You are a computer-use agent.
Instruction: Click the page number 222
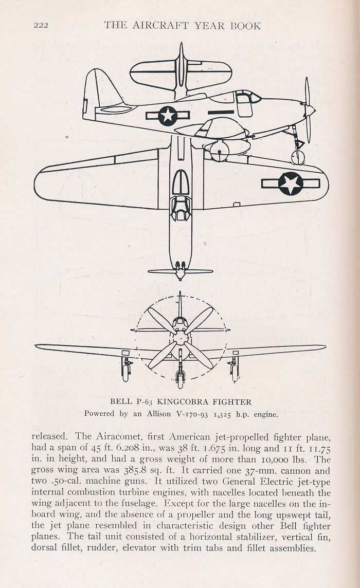click(x=41, y=26)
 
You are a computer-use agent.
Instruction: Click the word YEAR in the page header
click(x=209, y=26)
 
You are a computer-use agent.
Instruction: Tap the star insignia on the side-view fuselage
click(x=168, y=116)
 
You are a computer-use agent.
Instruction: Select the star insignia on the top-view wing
click(x=291, y=183)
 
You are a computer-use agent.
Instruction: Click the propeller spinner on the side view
click(x=310, y=110)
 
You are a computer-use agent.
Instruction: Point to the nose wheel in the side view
click(x=298, y=157)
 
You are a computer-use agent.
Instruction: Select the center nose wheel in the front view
click(x=180, y=379)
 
